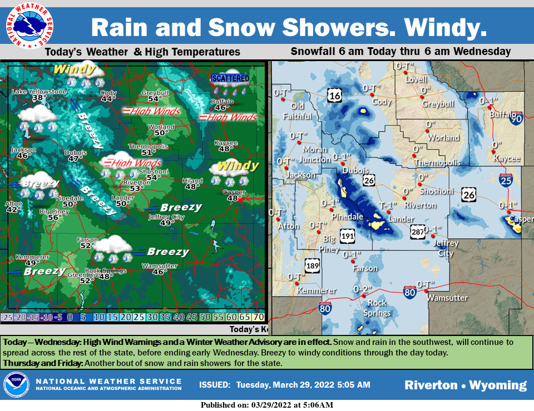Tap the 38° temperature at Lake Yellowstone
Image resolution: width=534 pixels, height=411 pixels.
point(39,98)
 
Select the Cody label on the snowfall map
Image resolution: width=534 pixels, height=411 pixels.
point(382,102)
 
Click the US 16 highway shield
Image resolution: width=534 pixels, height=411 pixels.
point(334,96)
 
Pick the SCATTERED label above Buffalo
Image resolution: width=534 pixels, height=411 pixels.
point(230,78)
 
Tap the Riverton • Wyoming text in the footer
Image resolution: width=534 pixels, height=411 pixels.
point(465,385)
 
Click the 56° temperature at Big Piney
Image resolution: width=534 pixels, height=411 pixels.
point(54,218)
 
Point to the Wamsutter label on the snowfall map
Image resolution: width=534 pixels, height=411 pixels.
point(447,298)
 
